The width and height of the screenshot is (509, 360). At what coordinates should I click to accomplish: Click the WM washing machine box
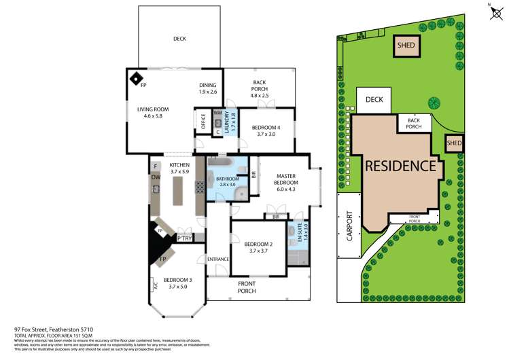pyautogui.click(x=218, y=113)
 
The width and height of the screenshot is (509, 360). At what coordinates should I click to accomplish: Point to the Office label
pyautogui.click(x=203, y=120)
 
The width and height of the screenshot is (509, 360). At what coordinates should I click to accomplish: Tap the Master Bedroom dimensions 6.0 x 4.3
pyautogui.click(x=285, y=190)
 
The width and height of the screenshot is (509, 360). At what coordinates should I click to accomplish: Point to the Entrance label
pyautogui.click(x=218, y=259)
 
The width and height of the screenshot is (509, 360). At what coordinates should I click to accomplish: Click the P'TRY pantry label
pyautogui.click(x=183, y=239)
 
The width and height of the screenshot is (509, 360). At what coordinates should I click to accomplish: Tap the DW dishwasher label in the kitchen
pyautogui.click(x=156, y=177)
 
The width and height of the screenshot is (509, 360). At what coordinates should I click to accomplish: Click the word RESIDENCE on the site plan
pyautogui.click(x=399, y=165)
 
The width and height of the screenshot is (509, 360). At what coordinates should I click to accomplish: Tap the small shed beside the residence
pyautogui.click(x=453, y=143)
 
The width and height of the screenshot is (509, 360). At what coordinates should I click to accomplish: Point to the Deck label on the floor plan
pyautogui.click(x=179, y=39)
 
